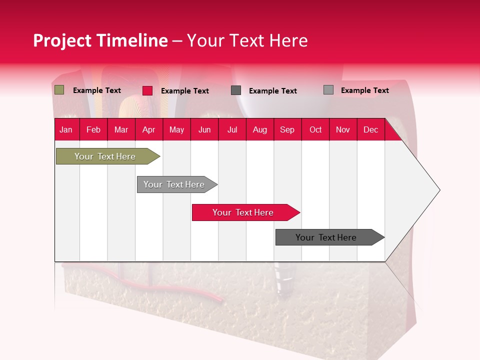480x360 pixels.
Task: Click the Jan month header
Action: [x=66, y=129]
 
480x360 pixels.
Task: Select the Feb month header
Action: [x=93, y=129]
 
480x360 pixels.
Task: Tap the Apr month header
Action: [x=148, y=129]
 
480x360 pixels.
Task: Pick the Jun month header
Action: [x=204, y=129]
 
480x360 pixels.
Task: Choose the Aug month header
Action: [x=259, y=129]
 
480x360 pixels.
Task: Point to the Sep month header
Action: [x=287, y=129]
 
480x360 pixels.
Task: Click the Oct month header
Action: [x=315, y=129]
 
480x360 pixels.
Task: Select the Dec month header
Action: [x=370, y=129]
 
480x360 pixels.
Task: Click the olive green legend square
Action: [x=59, y=90]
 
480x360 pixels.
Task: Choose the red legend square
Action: [x=147, y=90]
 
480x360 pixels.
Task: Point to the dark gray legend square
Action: [x=236, y=90]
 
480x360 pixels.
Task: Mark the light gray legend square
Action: [x=328, y=90]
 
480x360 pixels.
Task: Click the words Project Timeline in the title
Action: [x=100, y=40]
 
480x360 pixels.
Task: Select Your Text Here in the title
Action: [x=247, y=40]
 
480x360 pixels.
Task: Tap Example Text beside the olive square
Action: [x=97, y=90]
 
